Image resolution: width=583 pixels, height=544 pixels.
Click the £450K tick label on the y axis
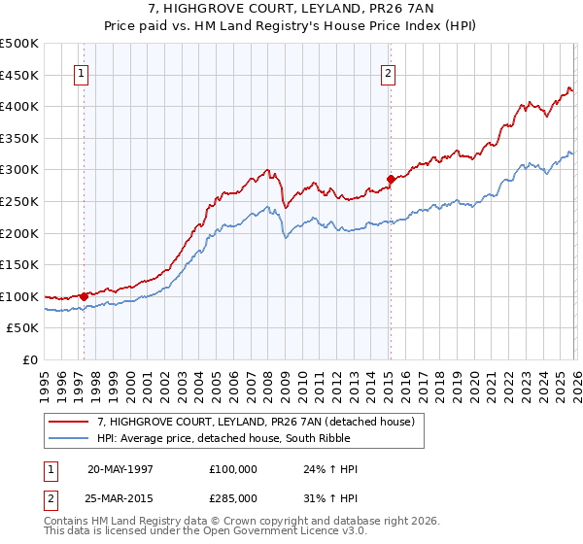19,75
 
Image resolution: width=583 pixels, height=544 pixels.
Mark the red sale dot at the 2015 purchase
391,179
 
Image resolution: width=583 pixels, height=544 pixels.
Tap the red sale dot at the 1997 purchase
85,296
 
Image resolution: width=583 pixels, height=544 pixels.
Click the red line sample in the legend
70,421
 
